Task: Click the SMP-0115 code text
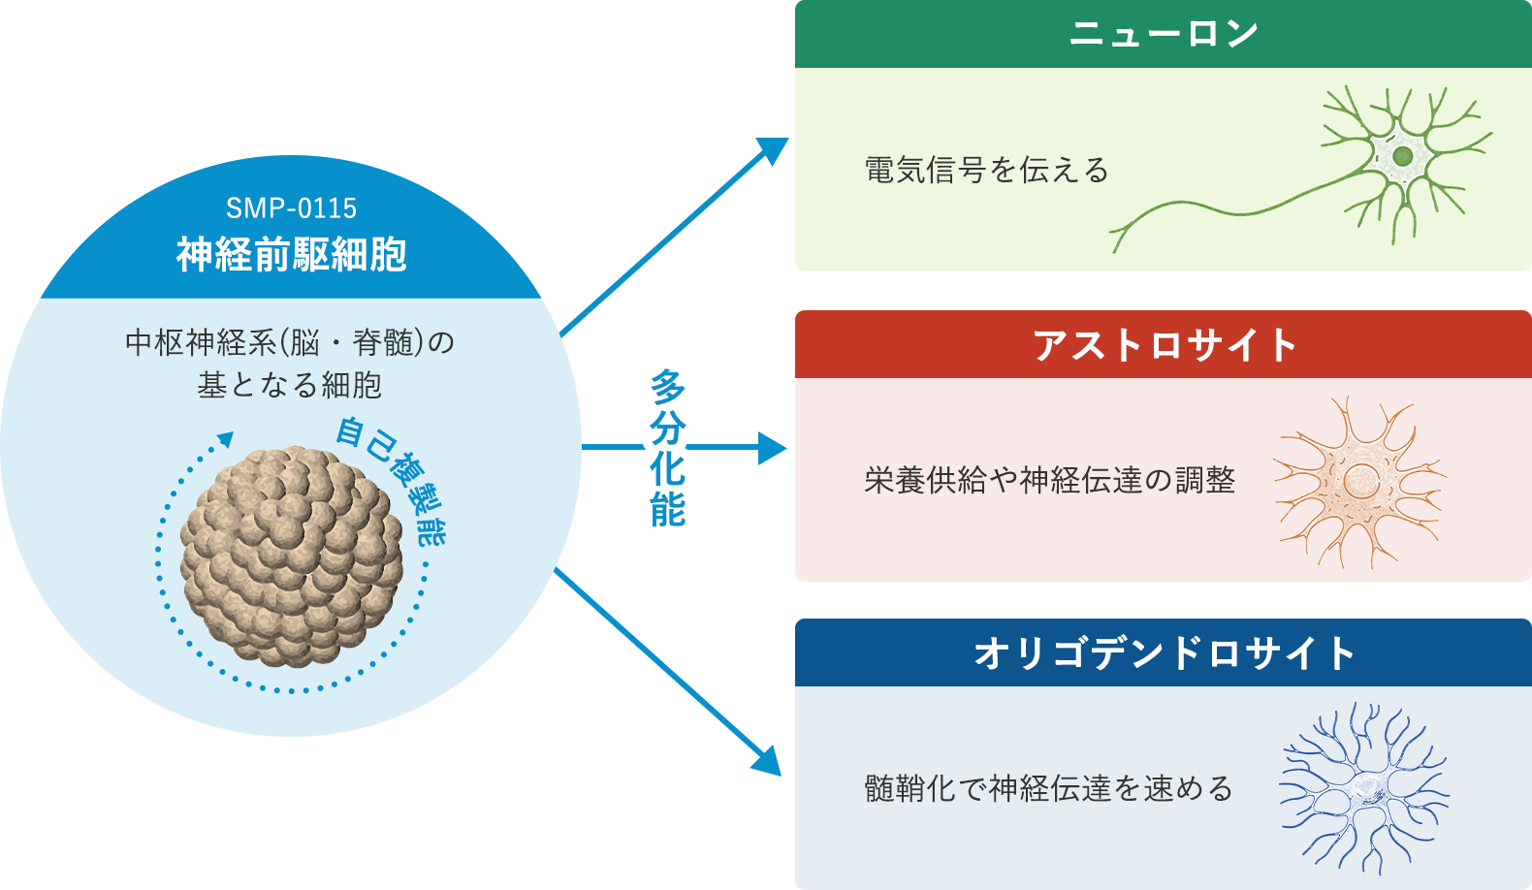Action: (x=291, y=208)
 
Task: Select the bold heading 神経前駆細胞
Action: (x=291, y=255)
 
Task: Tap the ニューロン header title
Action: (x=1164, y=34)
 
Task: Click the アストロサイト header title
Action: (x=1164, y=345)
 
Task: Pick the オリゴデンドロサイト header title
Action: (x=1164, y=652)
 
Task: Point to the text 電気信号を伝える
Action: (x=986, y=171)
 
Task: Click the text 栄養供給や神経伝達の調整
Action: (x=1049, y=480)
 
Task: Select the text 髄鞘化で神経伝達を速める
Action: (x=1048, y=788)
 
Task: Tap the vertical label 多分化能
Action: (x=668, y=448)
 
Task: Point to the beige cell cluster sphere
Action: (x=291, y=556)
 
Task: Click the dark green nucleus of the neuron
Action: (x=1402, y=156)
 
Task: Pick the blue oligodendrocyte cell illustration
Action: (x=1365, y=788)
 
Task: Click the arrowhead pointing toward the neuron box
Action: (x=776, y=149)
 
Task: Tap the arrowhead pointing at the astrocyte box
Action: (x=774, y=448)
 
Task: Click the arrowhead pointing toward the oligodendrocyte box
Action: (x=768, y=761)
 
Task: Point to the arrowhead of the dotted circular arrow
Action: (x=227, y=439)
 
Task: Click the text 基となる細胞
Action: (x=290, y=386)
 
